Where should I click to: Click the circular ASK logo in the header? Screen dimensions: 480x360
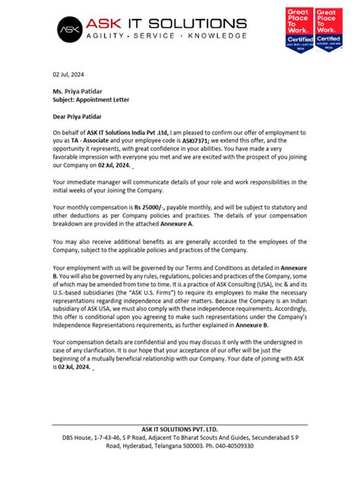(70, 30)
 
